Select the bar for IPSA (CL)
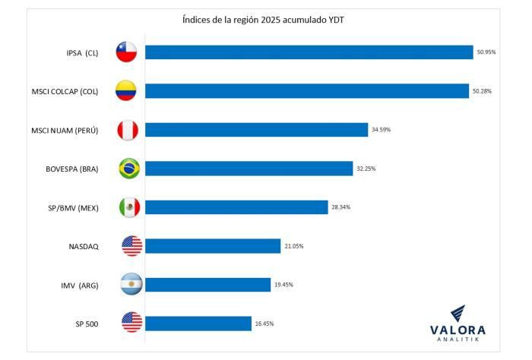click(309, 52)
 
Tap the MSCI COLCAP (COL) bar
click(307, 91)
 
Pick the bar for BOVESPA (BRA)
click(249, 169)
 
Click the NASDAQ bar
click(213, 246)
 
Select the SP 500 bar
click(198, 324)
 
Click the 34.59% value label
click(381, 130)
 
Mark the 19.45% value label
click(283, 285)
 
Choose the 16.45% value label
click(264, 324)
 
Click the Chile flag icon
click(126, 52)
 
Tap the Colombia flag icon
click(126, 91)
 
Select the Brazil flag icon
click(129, 169)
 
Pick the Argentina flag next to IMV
click(131, 285)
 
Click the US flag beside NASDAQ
click(131, 246)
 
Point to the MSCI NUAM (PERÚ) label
click(65, 130)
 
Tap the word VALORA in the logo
click(458, 330)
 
